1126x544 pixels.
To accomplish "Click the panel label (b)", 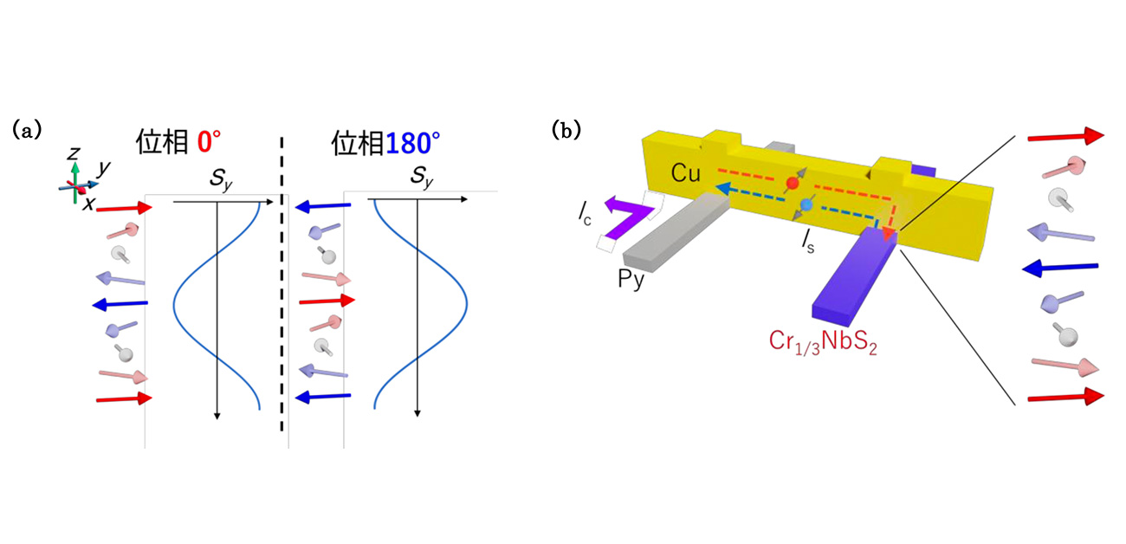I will (568, 130).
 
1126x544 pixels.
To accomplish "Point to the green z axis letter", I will (74, 154).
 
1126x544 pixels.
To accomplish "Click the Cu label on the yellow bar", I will (686, 173).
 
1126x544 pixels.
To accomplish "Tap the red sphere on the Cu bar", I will (790, 184).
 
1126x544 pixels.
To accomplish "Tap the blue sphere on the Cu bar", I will (806, 204).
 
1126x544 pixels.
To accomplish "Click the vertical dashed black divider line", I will (281, 286).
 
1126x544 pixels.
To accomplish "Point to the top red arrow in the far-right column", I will (1065, 136).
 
